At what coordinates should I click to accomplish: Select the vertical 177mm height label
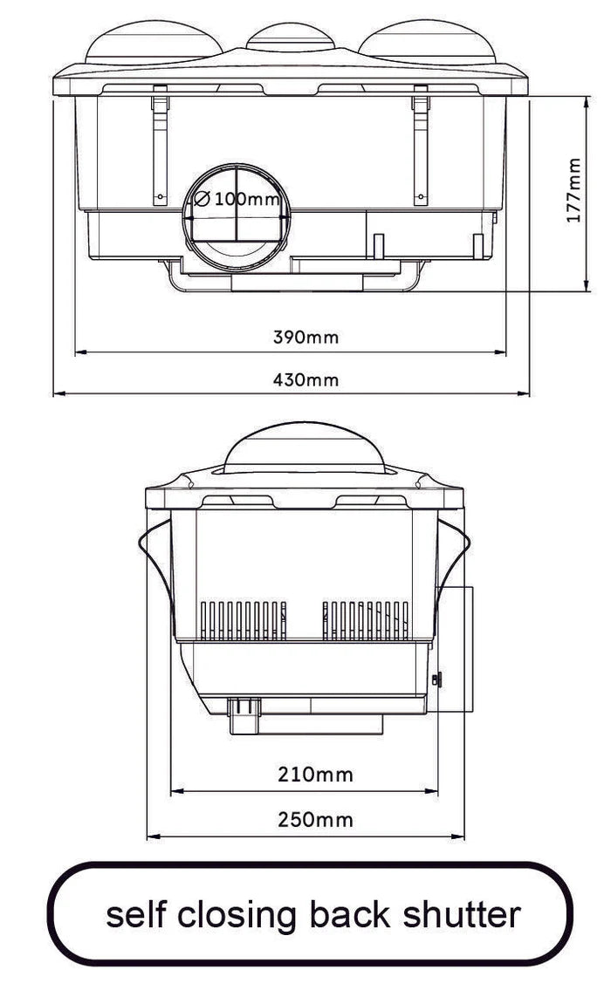coord(573,190)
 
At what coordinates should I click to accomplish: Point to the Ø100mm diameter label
coord(235,199)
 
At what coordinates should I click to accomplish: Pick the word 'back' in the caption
coord(350,914)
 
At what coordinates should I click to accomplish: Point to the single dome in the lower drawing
coord(303,447)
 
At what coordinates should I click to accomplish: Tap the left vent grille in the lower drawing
coord(244,619)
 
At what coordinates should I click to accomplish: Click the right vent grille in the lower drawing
coord(366,619)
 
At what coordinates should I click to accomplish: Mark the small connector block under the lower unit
coord(246,715)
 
